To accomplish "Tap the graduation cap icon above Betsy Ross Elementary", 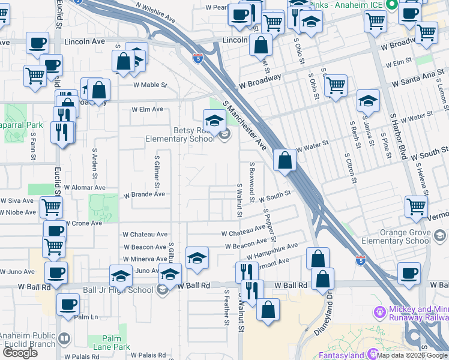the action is (x=214, y=120).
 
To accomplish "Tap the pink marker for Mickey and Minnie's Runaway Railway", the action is (x=379, y=312).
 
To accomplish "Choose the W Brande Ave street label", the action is (x=144, y=194).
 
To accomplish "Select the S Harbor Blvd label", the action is (x=398, y=137).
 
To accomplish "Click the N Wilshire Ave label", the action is (x=155, y=12).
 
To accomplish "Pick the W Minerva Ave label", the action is (x=145, y=259).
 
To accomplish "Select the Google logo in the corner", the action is (x=20, y=353).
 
